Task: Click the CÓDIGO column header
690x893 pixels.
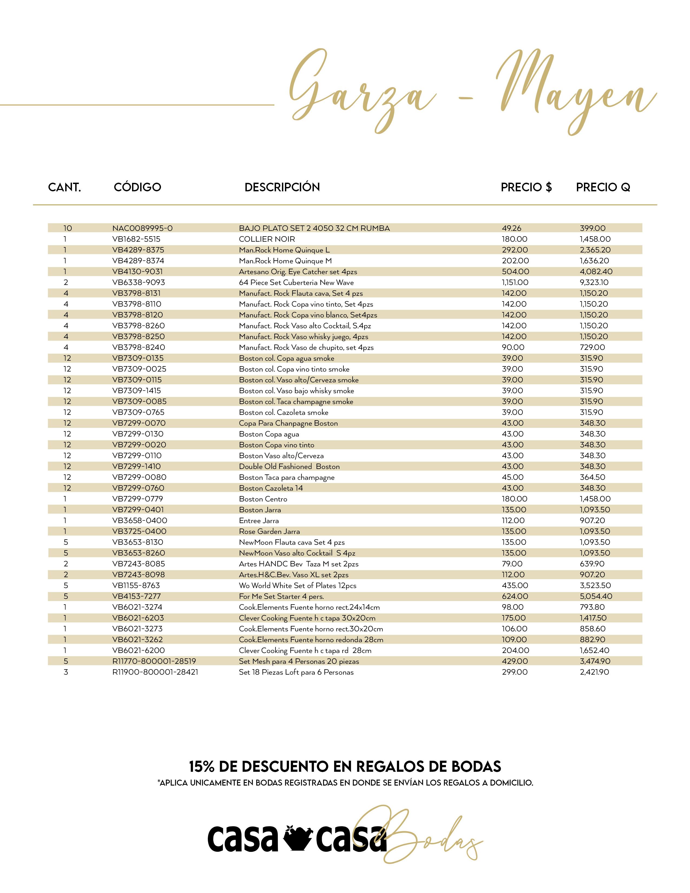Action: point(137,187)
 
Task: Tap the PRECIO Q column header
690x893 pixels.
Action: point(603,187)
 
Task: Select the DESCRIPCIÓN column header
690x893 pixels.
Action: point(282,187)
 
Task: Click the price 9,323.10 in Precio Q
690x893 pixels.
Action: point(594,283)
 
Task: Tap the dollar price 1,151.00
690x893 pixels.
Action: point(515,283)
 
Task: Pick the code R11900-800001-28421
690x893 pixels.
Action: point(155,672)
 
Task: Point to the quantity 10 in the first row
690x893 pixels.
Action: point(67,228)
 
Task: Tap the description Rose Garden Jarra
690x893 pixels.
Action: point(270,531)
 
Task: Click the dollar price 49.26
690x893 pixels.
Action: point(511,228)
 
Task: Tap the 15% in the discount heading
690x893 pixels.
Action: point(202,766)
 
